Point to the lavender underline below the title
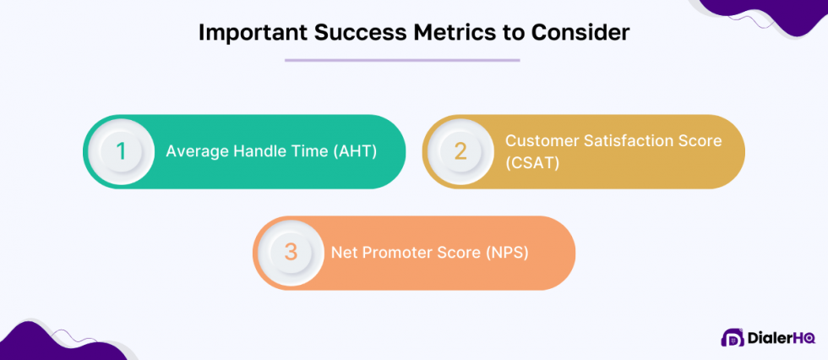[x=402, y=60]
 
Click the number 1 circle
[x=121, y=151]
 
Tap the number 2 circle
[x=460, y=151]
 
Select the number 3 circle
[x=291, y=253]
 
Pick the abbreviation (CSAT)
[x=532, y=162]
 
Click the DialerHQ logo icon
[x=732, y=338]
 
